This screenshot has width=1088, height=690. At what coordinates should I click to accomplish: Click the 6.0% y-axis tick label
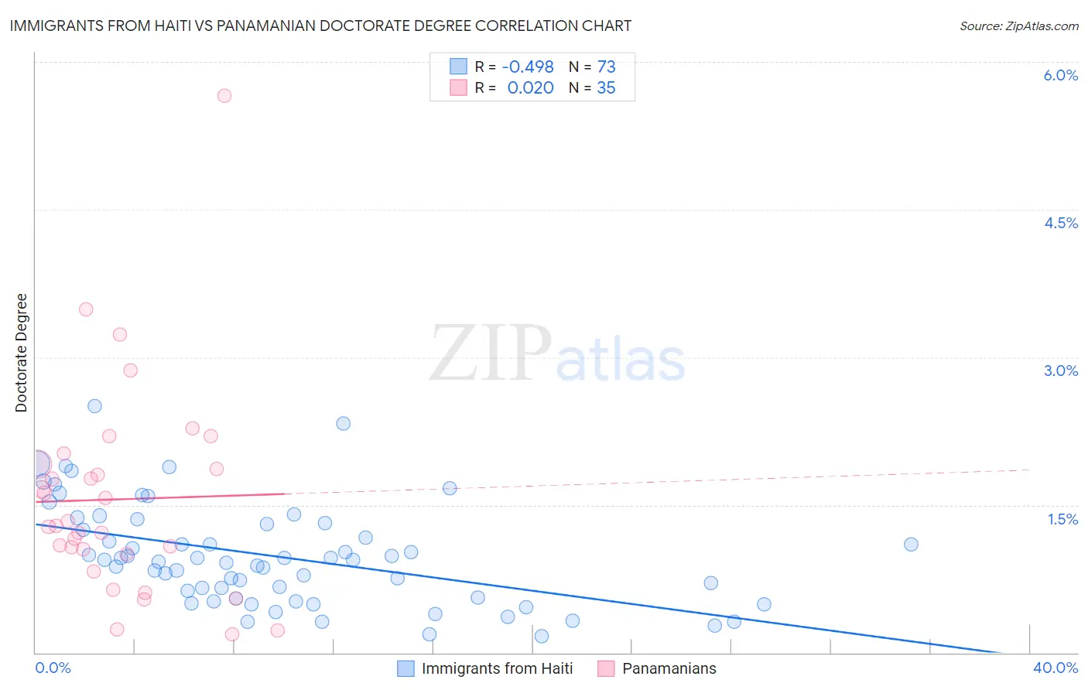(1060, 75)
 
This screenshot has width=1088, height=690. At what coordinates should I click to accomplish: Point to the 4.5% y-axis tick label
(1060, 223)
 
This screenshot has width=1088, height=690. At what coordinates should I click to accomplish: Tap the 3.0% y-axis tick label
(1060, 371)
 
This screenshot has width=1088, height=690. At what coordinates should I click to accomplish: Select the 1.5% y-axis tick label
(1062, 519)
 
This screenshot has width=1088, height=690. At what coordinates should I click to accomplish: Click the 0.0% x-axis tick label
(53, 668)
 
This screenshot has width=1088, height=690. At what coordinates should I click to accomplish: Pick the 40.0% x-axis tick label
(1055, 668)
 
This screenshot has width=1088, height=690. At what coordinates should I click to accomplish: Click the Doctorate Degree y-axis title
(21, 353)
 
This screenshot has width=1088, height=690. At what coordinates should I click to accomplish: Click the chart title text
(320, 26)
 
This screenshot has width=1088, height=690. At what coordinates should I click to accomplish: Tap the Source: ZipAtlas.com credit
(1018, 26)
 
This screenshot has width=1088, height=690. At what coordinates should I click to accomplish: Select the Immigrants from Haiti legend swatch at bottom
(406, 668)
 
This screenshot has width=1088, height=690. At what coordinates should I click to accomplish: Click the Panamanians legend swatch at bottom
(606, 668)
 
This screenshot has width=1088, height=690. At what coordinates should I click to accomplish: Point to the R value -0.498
(527, 67)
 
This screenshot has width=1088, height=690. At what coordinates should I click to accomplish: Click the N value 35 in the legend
(606, 88)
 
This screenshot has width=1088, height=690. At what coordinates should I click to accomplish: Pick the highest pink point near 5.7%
(224, 96)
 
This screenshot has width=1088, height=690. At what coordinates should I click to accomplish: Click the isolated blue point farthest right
(911, 544)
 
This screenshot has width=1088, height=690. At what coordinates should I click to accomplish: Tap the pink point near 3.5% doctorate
(86, 309)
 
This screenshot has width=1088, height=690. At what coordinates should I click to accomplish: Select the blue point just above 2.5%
(94, 406)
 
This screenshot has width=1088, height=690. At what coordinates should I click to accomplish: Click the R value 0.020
(530, 88)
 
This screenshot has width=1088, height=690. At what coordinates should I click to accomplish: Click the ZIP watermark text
(491, 354)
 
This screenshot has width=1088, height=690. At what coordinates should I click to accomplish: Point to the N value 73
(606, 67)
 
